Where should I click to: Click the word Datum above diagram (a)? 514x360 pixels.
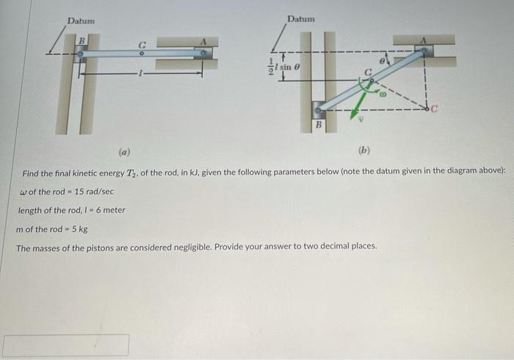[x=81, y=20]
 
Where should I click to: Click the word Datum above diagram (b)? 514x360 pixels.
[x=301, y=18]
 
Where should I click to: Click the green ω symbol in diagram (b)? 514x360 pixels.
[x=382, y=94]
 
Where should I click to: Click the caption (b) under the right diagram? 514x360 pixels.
[x=364, y=153]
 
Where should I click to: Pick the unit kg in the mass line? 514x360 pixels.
[x=83, y=228]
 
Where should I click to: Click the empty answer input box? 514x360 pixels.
[x=66, y=345]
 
